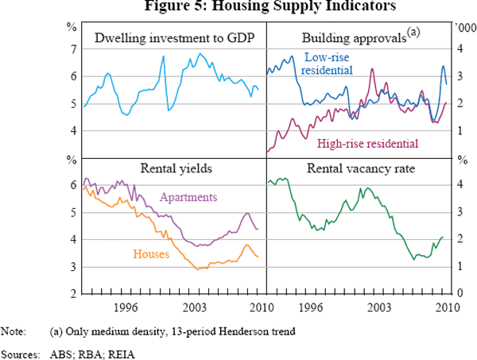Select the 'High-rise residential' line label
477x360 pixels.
click(x=367, y=144)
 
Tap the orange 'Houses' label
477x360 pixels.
click(x=151, y=254)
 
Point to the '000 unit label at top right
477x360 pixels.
click(x=460, y=27)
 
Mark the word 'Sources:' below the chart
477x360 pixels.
click(x=21, y=349)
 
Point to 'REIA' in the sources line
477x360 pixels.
click(x=122, y=349)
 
